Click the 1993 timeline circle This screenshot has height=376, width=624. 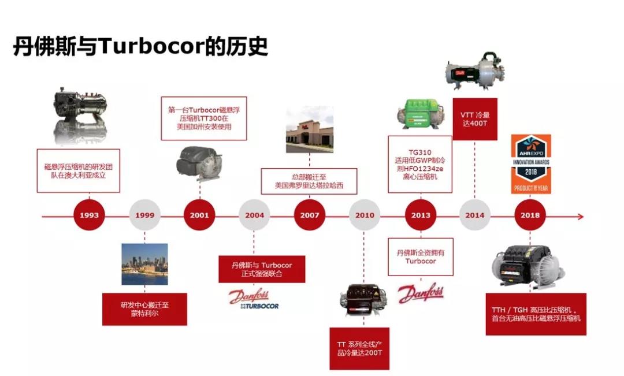coord(89,215)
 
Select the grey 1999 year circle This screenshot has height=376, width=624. coord(144,215)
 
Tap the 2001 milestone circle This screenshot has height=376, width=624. coord(199,215)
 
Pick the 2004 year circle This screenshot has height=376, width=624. coord(254,215)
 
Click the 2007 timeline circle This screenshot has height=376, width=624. coord(310,215)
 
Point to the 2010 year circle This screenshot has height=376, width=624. coord(365,215)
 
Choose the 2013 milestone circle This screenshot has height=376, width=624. coord(421,215)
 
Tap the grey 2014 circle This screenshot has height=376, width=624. coord(475,215)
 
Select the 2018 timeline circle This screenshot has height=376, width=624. coord(530,215)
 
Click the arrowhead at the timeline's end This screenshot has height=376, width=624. coord(580,216)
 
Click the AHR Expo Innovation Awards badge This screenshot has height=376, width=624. coord(531,164)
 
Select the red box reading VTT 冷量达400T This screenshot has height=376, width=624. coord(475,119)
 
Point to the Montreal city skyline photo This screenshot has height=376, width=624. coord(144,264)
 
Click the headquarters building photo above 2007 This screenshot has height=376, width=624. coord(310,130)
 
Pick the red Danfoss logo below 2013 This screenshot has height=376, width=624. coord(421,293)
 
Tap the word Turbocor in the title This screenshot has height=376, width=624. coord(153,46)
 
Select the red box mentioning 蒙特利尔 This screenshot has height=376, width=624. coord(144,308)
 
